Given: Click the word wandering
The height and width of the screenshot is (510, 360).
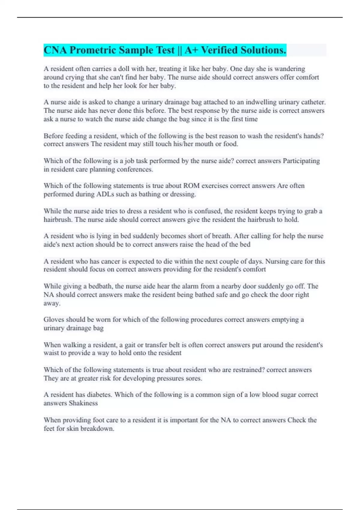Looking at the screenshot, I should coord(289,69).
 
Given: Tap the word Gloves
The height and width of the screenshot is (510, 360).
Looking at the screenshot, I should coord(54,319).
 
